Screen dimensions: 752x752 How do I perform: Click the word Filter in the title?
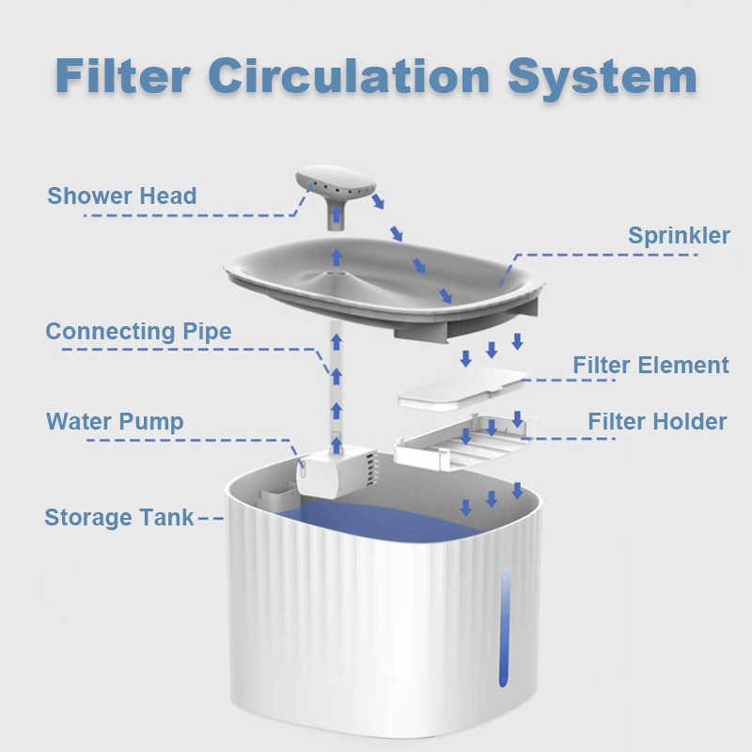click(x=123, y=76)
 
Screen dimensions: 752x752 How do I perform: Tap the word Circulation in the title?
click(x=349, y=76)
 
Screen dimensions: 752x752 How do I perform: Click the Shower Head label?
click(x=122, y=196)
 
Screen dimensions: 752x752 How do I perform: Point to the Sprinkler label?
click(x=679, y=236)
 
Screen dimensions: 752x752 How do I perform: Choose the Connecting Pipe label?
click(x=138, y=332)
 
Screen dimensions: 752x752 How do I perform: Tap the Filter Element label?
click(x=650, y=365)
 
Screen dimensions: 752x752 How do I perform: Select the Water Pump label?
click(x=115, y=422)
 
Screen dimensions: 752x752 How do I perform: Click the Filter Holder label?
click(x=657, y=421)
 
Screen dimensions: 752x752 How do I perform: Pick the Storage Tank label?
click(x=119, y=518)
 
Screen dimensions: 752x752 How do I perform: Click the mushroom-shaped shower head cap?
click(x=336, y=181)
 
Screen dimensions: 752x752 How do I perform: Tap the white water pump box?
click(x=336, y=473)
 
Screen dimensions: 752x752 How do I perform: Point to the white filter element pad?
click(x=462, y=389)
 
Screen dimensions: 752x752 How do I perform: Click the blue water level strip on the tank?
click(x=505, y=627)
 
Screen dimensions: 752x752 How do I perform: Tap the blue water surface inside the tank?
click(x=379, y=522)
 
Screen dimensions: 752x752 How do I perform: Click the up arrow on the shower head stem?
click(x=337, y=213)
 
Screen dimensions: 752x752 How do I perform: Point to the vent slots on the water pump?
click(x=371, y=469)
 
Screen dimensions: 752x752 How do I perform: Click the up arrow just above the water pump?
click(x=337, y=445)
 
